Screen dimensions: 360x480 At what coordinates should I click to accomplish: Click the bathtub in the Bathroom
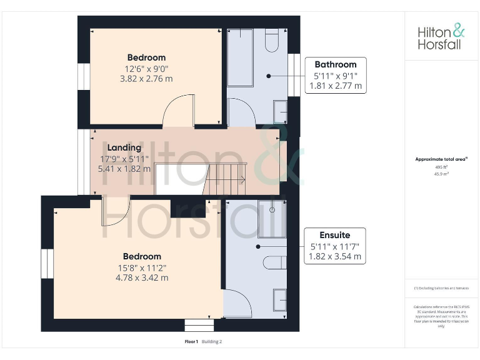click(x=240, y=57)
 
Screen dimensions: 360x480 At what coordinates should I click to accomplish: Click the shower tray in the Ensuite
click(x=272, y=218)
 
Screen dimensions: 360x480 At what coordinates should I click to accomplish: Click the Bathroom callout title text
click(x=336, y=64)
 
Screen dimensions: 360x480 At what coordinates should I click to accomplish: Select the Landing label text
click(x=124, y=147)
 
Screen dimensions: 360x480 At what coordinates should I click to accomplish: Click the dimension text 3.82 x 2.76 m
click(x=146, y=79)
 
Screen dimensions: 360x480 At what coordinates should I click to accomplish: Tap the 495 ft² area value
click(x=441, y=167)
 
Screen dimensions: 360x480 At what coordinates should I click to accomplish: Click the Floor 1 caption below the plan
click(x=191, y=342)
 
